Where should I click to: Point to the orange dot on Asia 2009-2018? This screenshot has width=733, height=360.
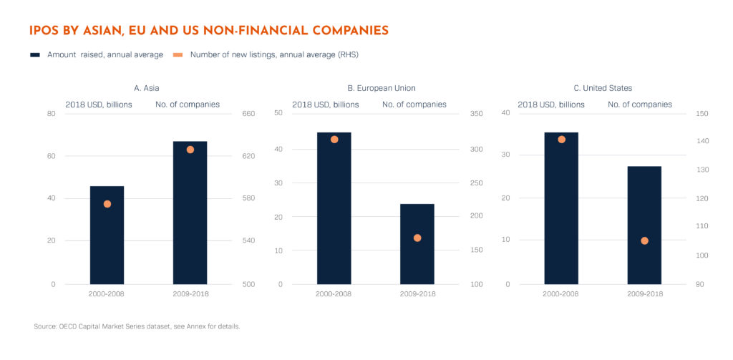pos(190,150)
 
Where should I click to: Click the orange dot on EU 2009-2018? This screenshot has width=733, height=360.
pos(417,238)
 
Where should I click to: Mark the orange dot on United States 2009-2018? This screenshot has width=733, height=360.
pos(644,240)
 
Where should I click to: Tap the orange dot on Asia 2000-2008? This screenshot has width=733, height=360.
pos(107,204)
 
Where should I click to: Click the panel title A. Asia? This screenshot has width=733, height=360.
pos(147,88)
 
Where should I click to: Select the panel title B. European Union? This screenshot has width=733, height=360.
pos(382,88)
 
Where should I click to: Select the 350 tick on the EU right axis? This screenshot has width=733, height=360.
pos(477,113)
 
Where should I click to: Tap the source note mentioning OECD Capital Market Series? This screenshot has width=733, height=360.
pos(137,326)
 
